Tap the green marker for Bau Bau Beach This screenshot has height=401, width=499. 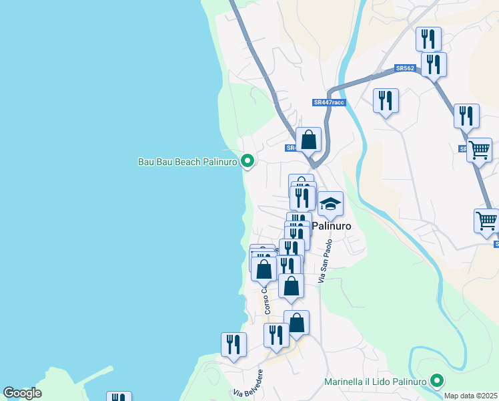tap(247, 160)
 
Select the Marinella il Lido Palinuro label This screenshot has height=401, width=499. tap(375, 382)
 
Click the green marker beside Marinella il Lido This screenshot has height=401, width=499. tap(438, 381)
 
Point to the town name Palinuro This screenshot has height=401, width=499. tap(332, 227)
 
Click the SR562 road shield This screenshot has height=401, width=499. tap(405, 68)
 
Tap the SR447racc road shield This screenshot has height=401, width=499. tap(329, 102)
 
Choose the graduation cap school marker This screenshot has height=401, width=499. tap(330, 205)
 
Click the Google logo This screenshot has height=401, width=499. tap(22, 393)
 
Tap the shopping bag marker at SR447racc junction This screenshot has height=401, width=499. tap(308, 140)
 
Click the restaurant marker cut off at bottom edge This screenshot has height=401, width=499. tap(119, 397)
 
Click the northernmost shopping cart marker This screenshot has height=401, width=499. tap(479, 150)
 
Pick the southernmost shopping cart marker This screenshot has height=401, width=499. tap(486, 220)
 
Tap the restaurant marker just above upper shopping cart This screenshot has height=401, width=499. tap(466, 116)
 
